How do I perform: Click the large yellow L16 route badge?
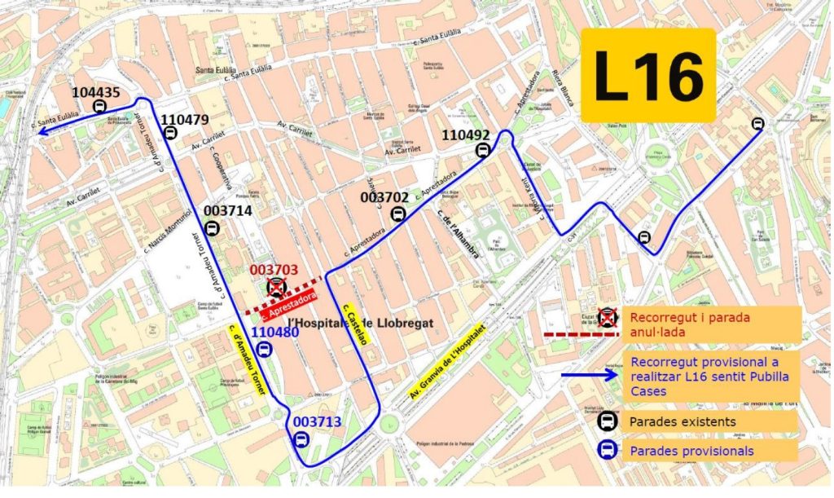click(649, 76)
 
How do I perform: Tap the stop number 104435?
click(96, 92)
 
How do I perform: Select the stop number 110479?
click(185, 120)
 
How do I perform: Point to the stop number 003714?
click(227, 210)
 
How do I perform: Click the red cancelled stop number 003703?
click(274, 270)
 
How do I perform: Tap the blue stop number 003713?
click(317, 421)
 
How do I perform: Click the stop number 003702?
click(384, 197)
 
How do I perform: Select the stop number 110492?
click(467, 135)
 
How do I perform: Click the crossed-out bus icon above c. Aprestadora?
click(277, 288)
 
